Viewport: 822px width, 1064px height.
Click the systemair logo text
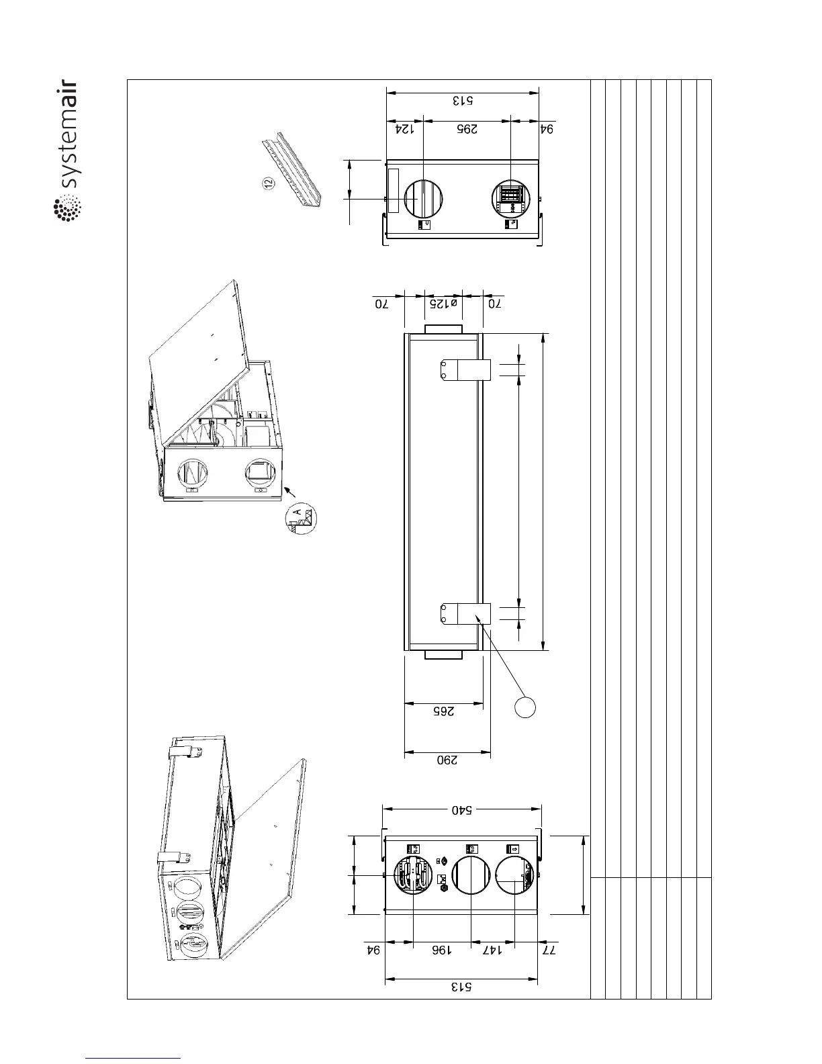tap(68, 137)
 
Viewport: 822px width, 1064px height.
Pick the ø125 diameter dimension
tap(443, 304)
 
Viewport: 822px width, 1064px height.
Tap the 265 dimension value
tap(443, 712)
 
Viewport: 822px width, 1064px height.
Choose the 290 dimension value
tap(447, 762)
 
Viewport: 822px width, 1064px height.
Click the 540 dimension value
tap(461, 811)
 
